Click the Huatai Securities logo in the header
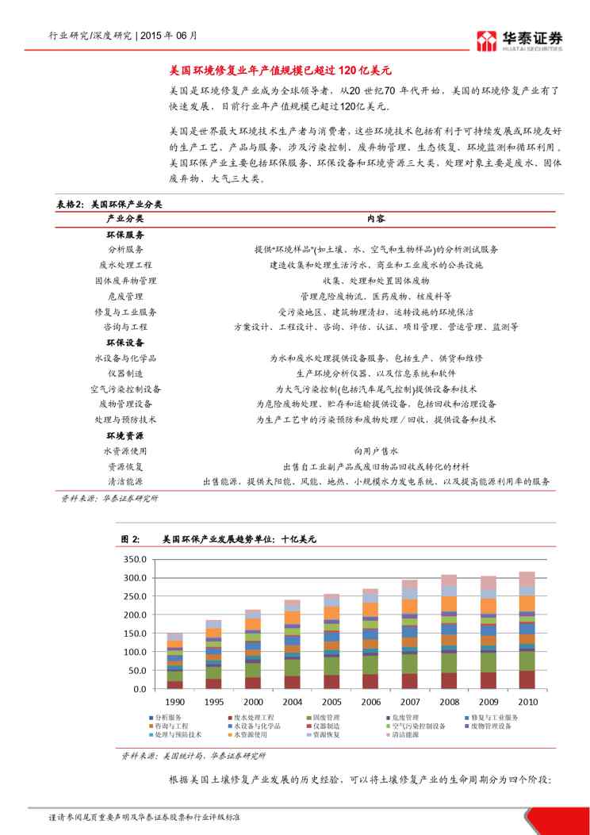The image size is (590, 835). (519, 39)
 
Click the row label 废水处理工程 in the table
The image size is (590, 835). (125, 265)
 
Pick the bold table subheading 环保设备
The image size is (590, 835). (125, 343)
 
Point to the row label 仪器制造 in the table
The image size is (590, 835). (125, 373)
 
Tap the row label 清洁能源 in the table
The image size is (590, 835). (125, 481)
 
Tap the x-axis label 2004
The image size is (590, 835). (293, 703)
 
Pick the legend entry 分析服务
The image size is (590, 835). (170, 717)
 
